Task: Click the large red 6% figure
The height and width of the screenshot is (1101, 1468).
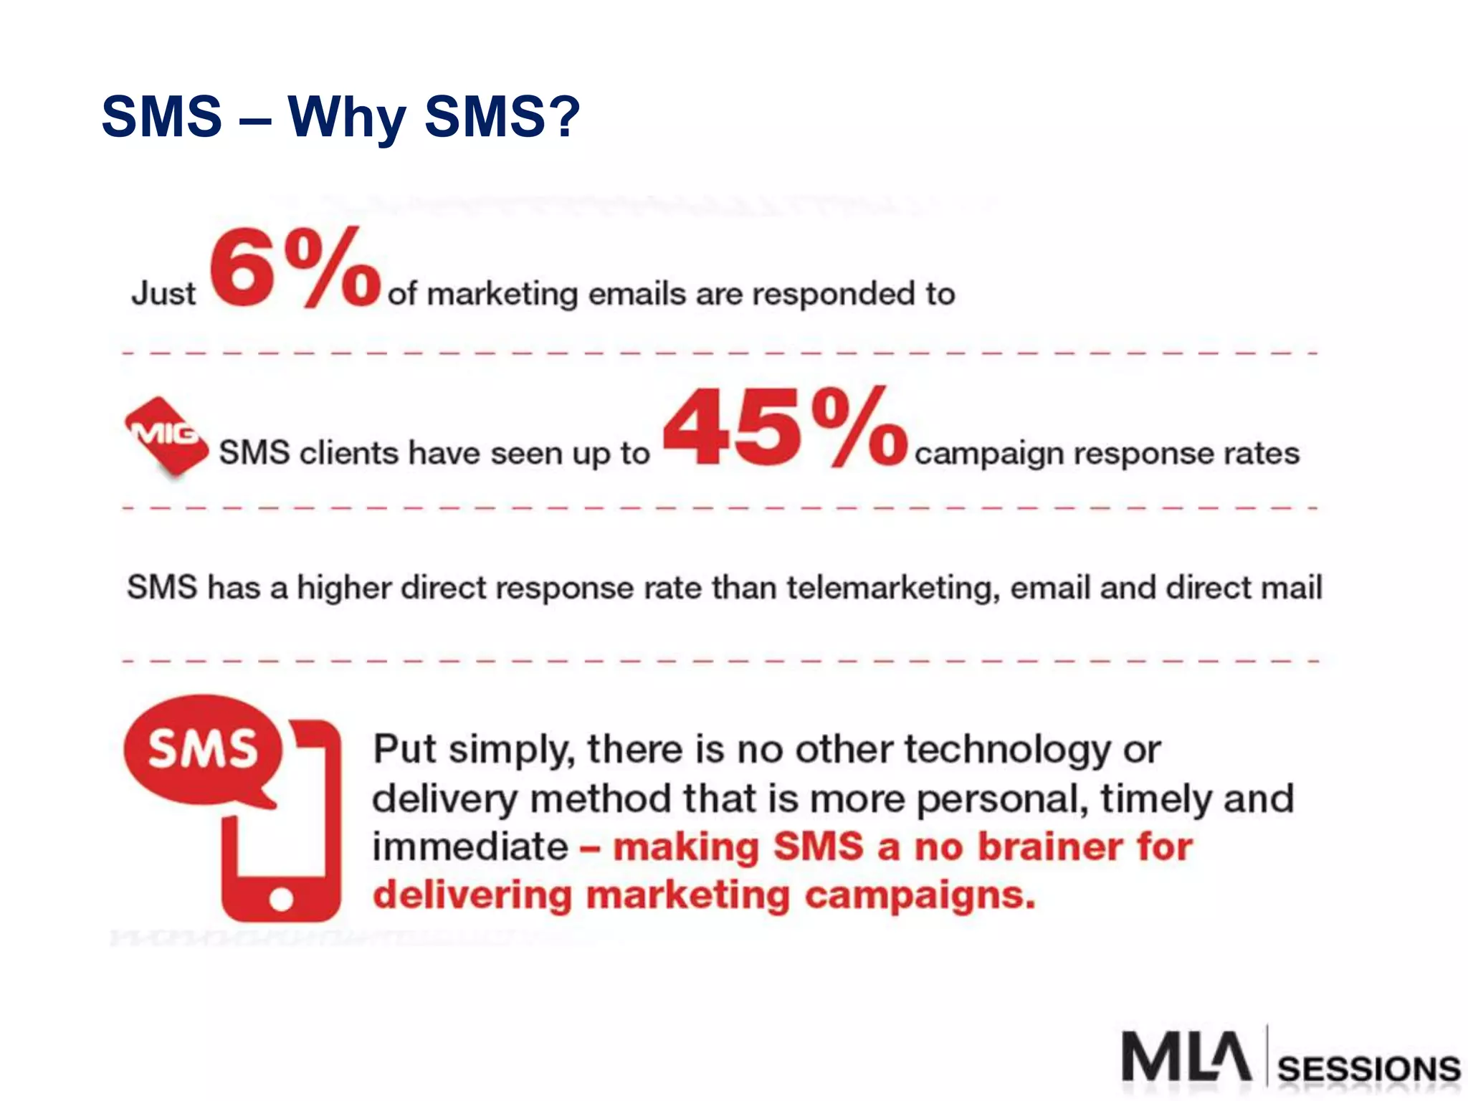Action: (294, 267)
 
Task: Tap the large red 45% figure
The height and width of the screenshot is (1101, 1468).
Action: (785, 427)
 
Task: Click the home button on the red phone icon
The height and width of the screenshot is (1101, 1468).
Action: (281, 898)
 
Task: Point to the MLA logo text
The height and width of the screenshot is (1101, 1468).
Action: (1186, 1057)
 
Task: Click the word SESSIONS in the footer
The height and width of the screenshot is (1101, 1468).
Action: (1368, 1069)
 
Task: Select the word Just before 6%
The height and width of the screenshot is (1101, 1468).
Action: (163, 294)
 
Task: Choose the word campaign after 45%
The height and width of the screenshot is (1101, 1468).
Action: (988, 454)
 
